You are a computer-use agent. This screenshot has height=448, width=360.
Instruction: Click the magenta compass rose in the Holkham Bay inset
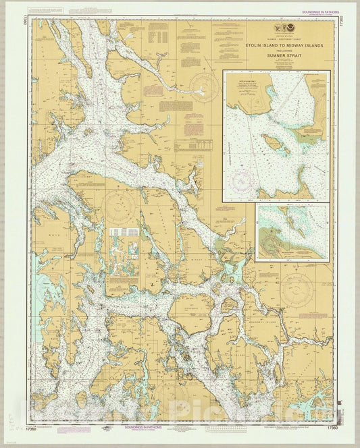point(241,179)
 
